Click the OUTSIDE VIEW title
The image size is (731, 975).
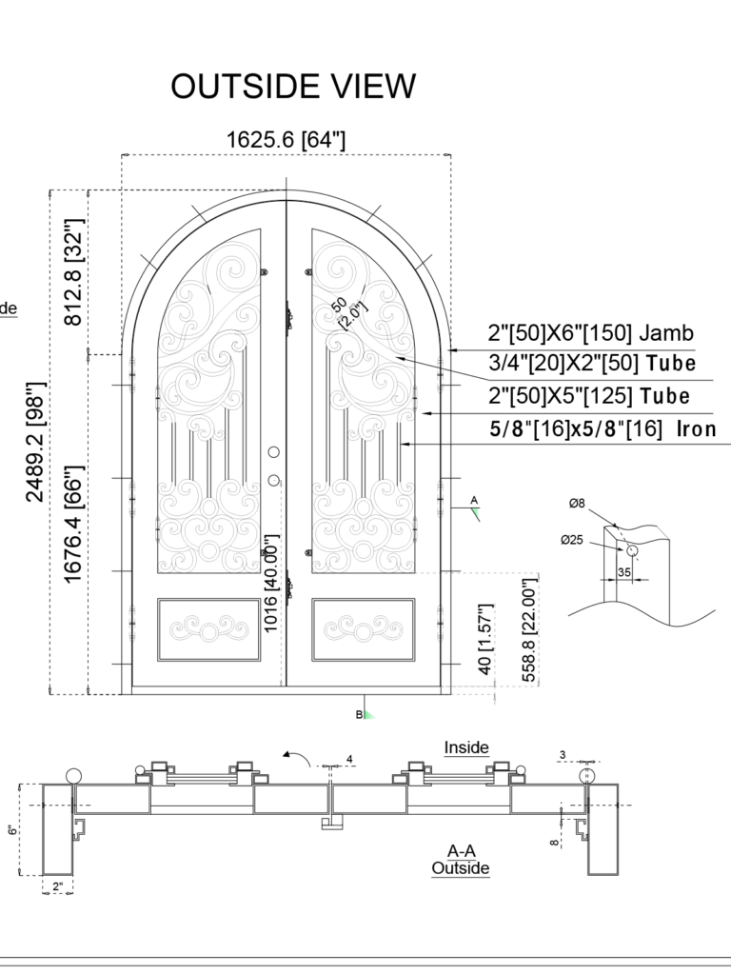pos(293,86)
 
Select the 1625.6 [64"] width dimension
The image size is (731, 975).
pos(286,140)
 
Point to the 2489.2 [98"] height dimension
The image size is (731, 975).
pos(35,442)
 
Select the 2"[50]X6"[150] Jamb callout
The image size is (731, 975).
pos(590,334)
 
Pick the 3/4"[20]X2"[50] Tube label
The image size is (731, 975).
pos(591,364)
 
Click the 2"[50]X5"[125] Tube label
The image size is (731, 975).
pos(589,396)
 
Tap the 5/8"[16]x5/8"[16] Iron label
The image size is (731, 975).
pos(603,429)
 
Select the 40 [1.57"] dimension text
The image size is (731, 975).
pos(485,640)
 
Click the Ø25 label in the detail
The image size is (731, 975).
pos(573,541)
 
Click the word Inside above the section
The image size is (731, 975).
pos(466,748)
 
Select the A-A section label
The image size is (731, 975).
pos(461,850)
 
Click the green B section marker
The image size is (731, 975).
pos(365,713)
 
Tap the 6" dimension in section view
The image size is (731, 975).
pos(13,829)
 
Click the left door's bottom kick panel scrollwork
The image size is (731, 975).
pos(209,628)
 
